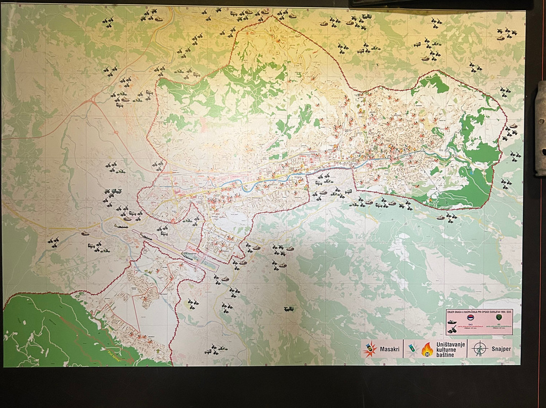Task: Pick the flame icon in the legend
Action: point(427,348)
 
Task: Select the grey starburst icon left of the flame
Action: point(413,348)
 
